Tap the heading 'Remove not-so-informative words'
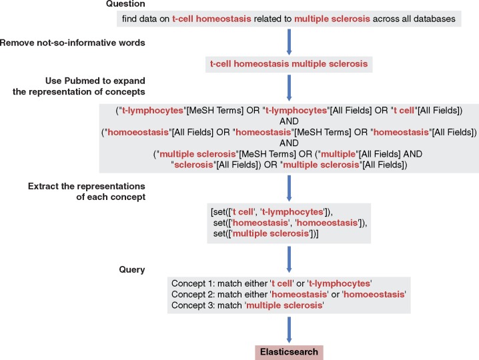(73, 43)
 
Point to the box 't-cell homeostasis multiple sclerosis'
(289, 65)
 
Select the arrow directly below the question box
(289, 41)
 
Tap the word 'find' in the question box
(131, 19)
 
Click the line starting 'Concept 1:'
(271, 283)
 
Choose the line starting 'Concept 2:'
(288, 294)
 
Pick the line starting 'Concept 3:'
(248, 305)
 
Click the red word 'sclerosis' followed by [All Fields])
(193, 165)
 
